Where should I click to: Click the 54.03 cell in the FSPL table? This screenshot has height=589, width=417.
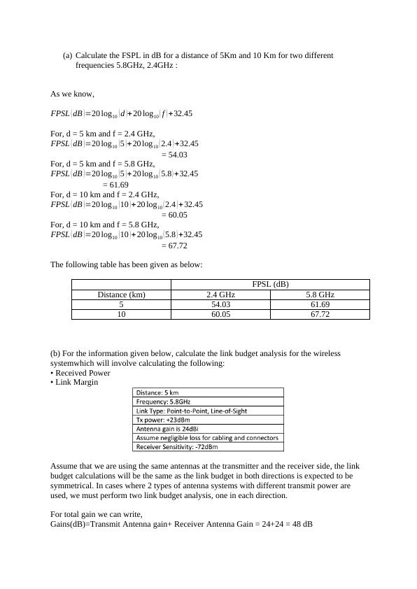[x=220, y=305]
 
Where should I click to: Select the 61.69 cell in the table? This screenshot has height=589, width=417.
[x=320, y=305]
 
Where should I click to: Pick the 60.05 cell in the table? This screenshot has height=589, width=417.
[x=220, y=315]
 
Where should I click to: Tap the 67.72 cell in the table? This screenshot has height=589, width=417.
[x=320, y=315]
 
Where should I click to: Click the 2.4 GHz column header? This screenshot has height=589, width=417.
[x=220, y=294]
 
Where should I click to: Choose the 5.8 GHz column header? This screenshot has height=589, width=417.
[x=320, y=294]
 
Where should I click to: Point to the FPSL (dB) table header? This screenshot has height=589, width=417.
[x=270, y=284]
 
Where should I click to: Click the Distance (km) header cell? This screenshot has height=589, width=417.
[x=121, y=294]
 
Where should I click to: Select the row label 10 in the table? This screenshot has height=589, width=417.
[x=121, y=315]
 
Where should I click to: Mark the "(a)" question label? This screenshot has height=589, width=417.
[x=67, y=55]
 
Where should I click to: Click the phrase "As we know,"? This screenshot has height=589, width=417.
[x=72, y=94]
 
